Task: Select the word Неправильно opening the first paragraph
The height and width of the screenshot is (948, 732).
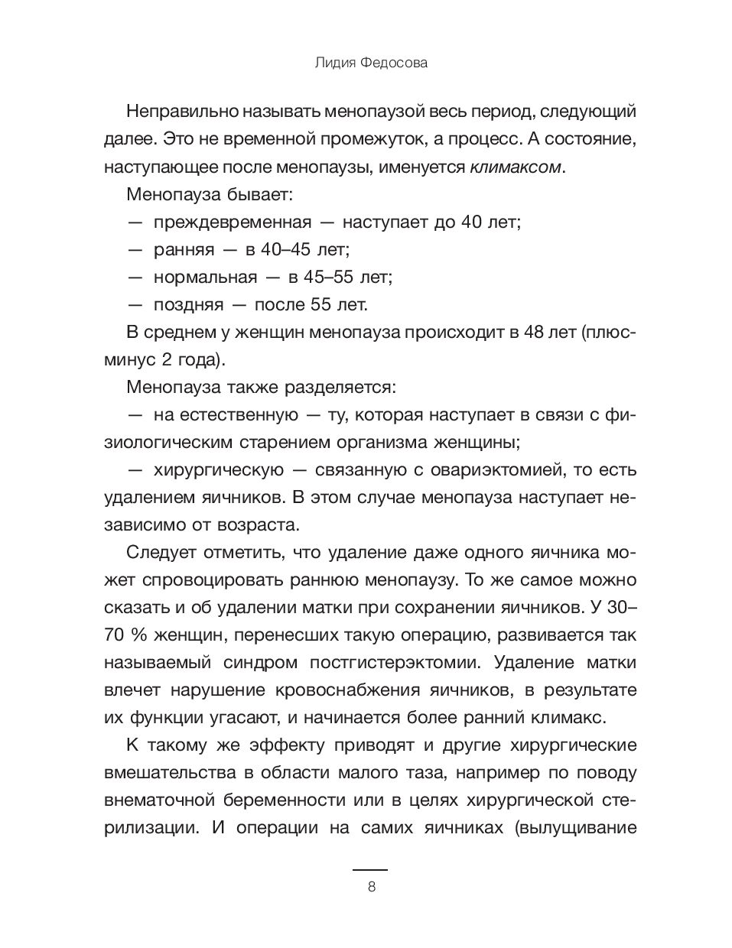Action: [x=180, y=112]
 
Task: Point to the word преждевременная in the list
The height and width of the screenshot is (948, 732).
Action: [x=233, y=222]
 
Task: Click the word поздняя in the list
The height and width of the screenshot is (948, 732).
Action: [x=188, y=305]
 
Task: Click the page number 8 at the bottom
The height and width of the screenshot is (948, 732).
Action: [x=371, y=888]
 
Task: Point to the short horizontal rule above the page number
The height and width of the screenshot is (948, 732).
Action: [x=369, y=869]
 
